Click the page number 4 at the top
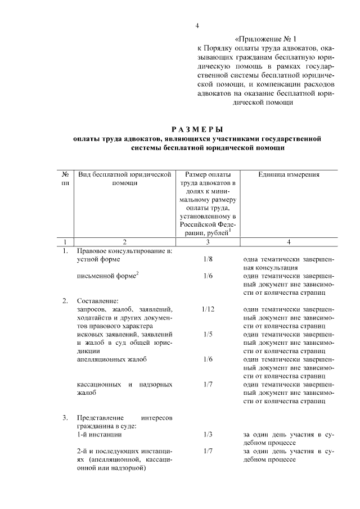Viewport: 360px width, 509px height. tap(197, 26)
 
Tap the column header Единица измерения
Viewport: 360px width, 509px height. tap(289, 175)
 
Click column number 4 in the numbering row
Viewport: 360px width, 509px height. tap(289, 241)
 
